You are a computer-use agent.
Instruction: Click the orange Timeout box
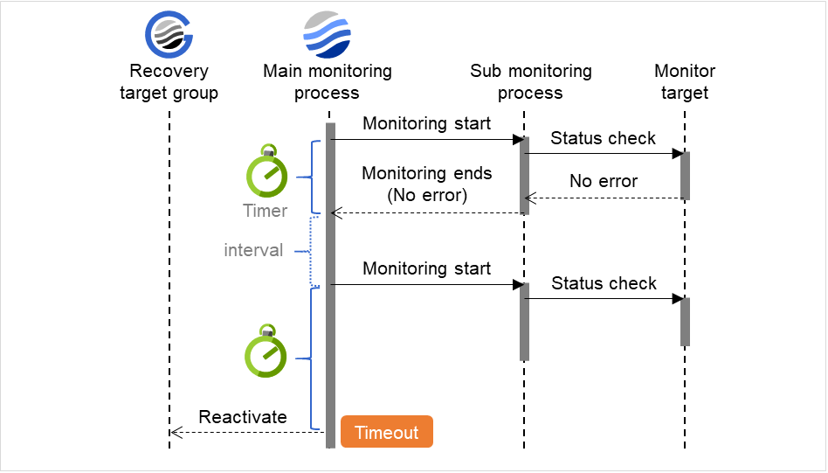[x=386, y=432]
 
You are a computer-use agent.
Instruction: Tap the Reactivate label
[x=243, y=417]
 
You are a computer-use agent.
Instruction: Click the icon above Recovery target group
[x=169, y=35]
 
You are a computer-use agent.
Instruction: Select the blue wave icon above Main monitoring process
[x=327, y=35]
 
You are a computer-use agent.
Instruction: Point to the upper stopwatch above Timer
[x=266, y=172]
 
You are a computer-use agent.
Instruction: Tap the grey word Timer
[x=265, y=211]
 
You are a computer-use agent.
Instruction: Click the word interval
[x=253, y=250]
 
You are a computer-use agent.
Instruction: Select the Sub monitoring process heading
[x=530, y=81]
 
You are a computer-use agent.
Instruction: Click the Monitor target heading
[x=685, y=81]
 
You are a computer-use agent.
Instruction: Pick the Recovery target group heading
[x=169, y=81]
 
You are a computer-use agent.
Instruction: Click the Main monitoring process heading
[x=327, y=81]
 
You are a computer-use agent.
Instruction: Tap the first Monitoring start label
[x=426, y=123]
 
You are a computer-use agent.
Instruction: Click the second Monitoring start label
[x=426, y=268]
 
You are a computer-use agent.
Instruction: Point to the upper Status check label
[x=603, y=138]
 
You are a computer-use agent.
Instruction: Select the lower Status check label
[x=603, y=283]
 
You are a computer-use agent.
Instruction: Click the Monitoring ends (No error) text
[x=426, y=184]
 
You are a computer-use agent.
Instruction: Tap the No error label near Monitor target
[x=604, y=181]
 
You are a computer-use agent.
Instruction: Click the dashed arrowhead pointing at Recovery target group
[x=175, y=432]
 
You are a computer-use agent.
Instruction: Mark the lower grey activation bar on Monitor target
[x=685, y=322]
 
